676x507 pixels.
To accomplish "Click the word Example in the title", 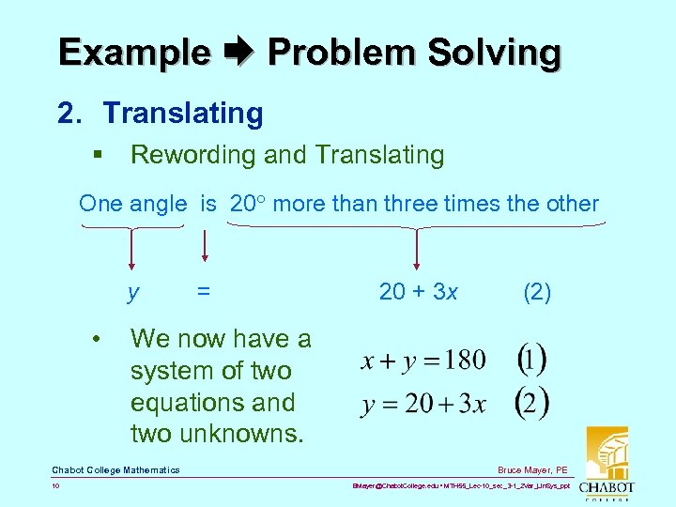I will (134, 53).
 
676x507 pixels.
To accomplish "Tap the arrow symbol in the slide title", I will (239, 53).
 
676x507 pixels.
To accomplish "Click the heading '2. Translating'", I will (161, 114).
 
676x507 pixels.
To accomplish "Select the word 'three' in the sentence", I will (408, 204).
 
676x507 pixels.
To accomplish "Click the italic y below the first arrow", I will (134, 293).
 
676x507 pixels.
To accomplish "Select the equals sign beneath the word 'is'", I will (203, 292).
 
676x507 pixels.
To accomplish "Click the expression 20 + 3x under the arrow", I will (418, 292).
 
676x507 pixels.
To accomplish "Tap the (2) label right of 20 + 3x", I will (536, 292).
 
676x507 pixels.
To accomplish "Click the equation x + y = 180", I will (423, 360).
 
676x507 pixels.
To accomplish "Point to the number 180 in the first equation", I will (465, 360).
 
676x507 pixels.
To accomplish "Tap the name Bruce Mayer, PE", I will (533, 469).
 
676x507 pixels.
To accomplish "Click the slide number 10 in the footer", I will (56, 486).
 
